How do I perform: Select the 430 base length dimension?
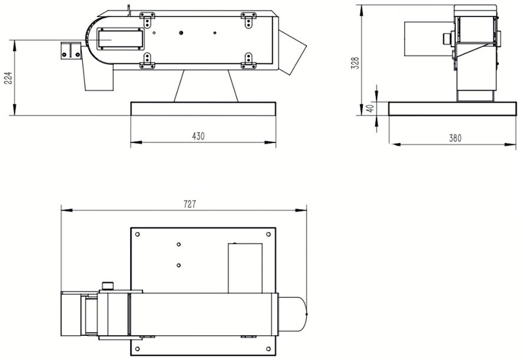(x=199, y=137)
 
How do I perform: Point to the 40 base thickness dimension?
(x=370, y=108)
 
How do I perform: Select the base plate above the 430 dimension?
(x=203, y=108)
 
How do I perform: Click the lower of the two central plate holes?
(x=178, y=265)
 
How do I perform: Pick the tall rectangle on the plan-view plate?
(x=245, y=267)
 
